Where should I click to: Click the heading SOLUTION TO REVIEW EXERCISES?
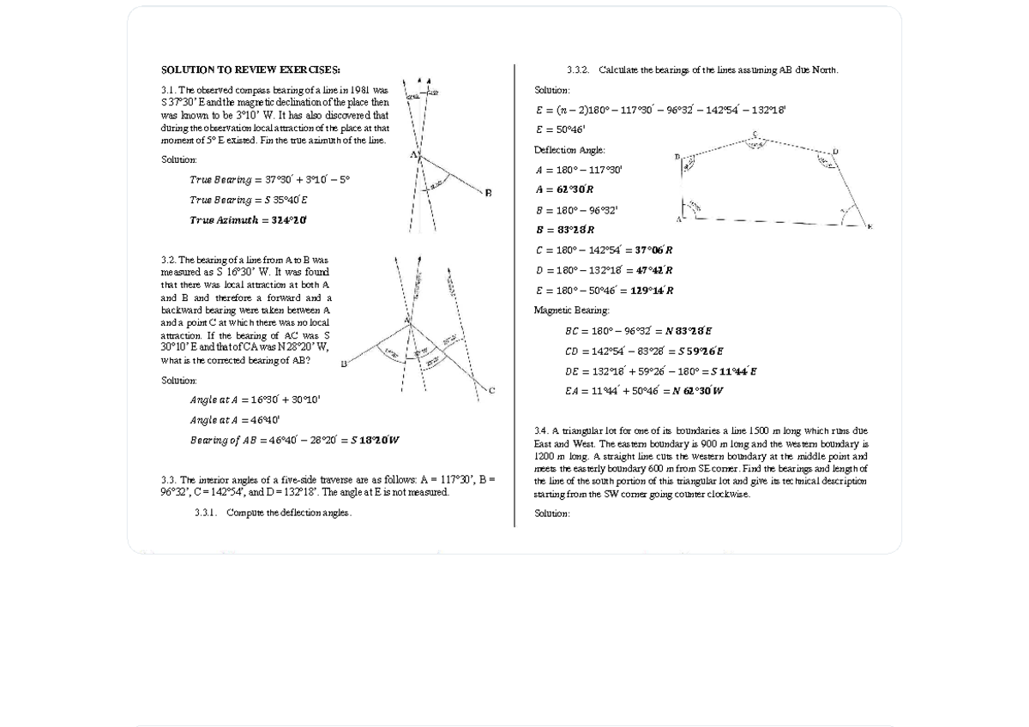[250, 69]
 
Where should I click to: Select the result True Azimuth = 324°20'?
[248, 220]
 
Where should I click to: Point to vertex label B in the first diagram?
[488, 193]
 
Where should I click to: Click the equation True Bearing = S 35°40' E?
[249, 200]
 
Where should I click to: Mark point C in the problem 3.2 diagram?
[491, 391]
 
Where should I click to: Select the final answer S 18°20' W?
[375, 441]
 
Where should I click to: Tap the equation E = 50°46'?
[560, 129]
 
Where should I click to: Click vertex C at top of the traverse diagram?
[755, 134]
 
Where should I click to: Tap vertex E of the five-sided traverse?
[869, 226]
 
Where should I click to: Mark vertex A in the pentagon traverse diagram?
[678, 219]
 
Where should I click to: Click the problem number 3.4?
[541, 430]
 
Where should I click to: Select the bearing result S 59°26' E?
[701, 351]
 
